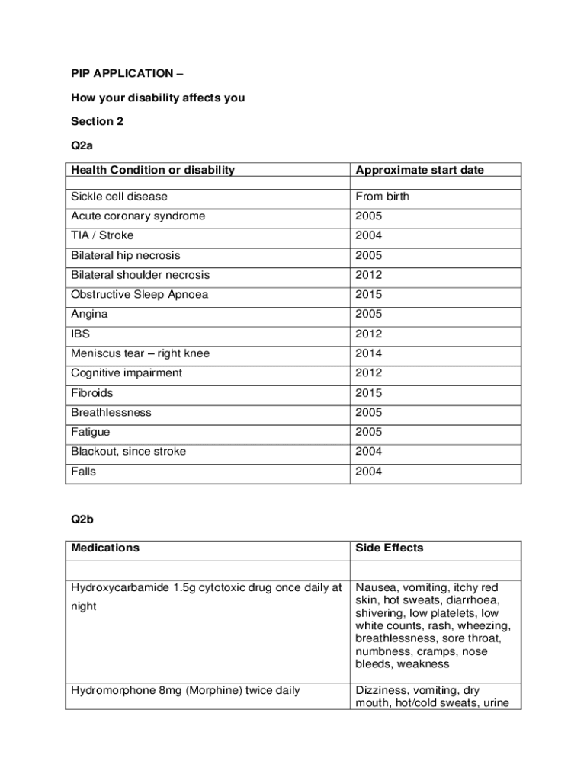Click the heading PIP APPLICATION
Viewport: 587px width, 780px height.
click(122, 74)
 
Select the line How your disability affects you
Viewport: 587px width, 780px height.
click(158, 97)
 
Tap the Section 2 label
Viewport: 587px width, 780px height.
click(97, 121)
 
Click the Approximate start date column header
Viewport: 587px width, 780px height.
click(419, 170)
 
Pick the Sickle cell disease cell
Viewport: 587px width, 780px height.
click(119, 197)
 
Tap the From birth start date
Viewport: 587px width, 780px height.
click(382, 197)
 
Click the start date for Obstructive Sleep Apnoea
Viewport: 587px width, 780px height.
click(368, 295)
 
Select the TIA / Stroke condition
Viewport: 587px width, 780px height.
click(102, 235)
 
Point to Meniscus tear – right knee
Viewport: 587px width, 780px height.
click(140, 353)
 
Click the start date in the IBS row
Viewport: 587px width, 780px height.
click(368, 334)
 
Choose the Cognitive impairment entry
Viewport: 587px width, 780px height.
click(127, 373)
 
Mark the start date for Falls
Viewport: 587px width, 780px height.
click(368, 472)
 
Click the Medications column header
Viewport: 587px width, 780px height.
click(105, 548)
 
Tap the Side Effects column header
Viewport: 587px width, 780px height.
click(389, 548)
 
